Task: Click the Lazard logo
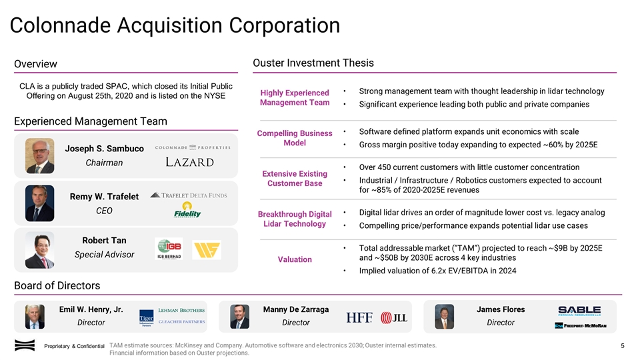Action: [189, 163]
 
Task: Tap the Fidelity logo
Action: [187, 213]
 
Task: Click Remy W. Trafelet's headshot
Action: [40, 203]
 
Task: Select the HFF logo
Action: [359, 318]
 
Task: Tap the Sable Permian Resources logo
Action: [579, 311]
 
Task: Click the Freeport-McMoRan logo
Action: [585, 325]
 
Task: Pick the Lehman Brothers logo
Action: [181, 310]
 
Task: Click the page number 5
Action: [622, 345]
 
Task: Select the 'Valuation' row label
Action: [295, 259]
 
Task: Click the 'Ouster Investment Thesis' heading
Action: [313, 63]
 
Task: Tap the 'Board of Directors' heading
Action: [57, 285]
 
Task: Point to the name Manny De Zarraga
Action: [296, 309]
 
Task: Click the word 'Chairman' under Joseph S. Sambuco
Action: [104, 163]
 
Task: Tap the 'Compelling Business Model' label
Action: [295, 139]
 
